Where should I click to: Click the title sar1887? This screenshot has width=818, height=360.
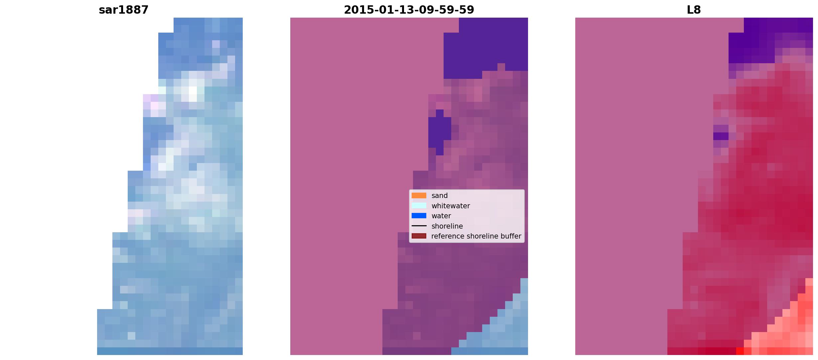(x=124, y=10)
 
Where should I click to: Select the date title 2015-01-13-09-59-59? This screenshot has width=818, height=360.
(x=409, y=10)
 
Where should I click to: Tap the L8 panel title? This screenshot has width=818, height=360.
(x=694, y=10)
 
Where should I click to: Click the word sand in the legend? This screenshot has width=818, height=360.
(x=440, y=196)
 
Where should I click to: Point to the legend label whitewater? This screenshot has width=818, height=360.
(x=451, y=206)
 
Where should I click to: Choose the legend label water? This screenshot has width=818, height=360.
(x=441, y=216)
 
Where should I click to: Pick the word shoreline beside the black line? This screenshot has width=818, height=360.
(x=447, y=226)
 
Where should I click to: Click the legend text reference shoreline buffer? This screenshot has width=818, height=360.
(x=476, y=236)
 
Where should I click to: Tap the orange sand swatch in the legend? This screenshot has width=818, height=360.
(x=419, y=196)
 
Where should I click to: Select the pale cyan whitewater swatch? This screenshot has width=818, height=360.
(x=419, y=206)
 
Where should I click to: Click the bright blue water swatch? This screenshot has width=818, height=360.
(x=419, y=216)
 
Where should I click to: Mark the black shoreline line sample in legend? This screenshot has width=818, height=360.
(x=419, y=226)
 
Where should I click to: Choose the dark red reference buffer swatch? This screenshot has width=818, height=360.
(x=419, y=236)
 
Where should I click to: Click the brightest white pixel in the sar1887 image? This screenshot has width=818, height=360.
(x=193, y=90)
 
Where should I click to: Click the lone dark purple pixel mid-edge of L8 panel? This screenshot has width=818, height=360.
(x=721, y=136)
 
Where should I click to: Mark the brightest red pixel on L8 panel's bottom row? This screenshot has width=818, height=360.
(x=740, y=351)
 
